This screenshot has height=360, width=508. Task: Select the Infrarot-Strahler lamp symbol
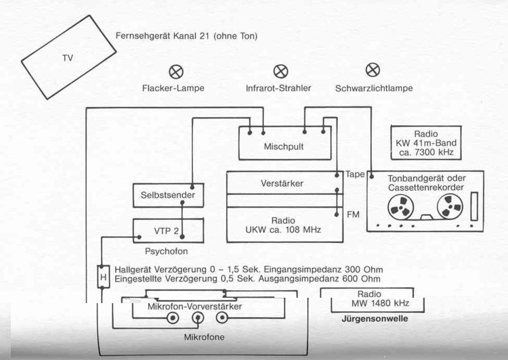click(280, 70)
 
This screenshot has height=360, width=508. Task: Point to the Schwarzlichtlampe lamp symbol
click(373, 70)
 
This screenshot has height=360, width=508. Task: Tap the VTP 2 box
click(167, 231)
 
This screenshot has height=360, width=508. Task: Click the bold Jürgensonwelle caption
click(375, 318)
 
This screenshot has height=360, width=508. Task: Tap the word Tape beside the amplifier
click(354, 174)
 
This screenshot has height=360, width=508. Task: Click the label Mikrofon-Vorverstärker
click(194, 307)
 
